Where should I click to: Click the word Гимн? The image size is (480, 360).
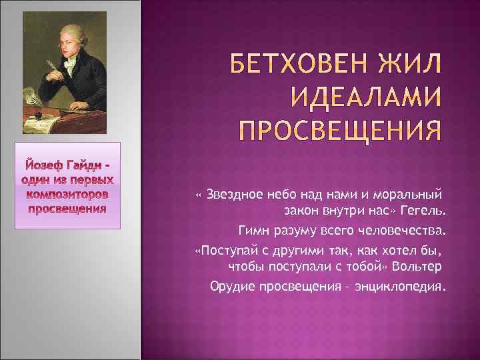pyautogui.click(x=253, y=231)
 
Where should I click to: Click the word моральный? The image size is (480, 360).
pyautogui.click(x=411, y=195)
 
